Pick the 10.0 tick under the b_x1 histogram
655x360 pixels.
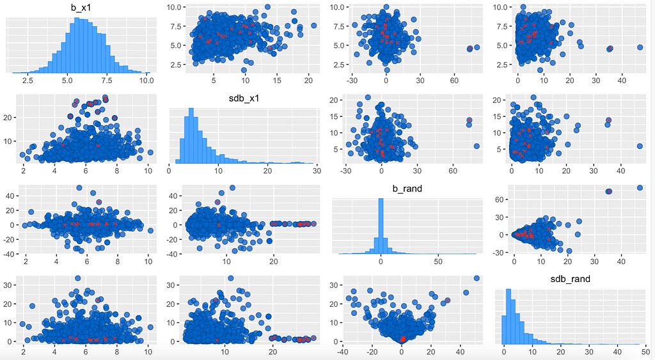(146, 81)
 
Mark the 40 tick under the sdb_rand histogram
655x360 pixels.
(617, 351)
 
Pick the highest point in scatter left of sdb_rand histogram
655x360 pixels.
(476, 278)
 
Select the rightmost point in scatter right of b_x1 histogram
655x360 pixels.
(313, 26)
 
